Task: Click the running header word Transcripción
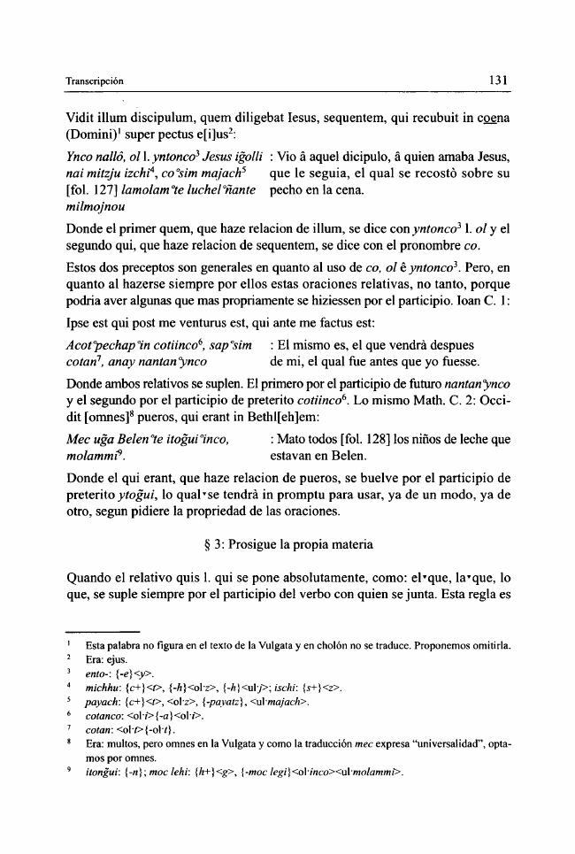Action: click(96, 81)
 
